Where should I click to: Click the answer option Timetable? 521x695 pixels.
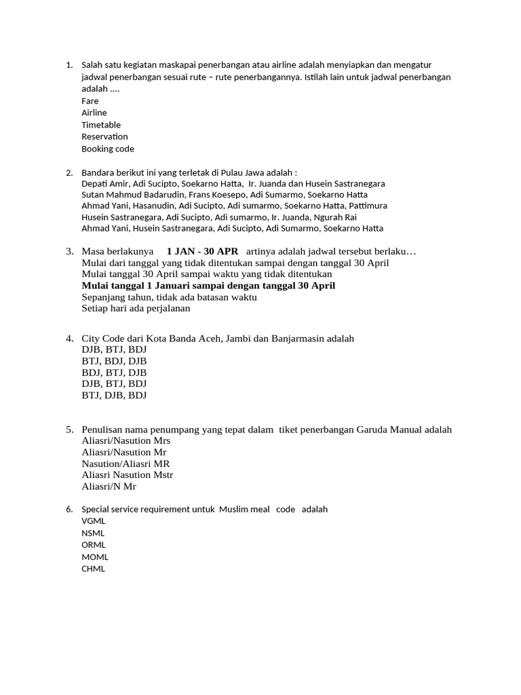coord(101,125)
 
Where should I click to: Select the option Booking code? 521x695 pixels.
coord(108,149)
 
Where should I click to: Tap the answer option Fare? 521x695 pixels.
coord(90,101)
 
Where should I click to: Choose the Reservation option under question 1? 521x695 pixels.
coord(104,136)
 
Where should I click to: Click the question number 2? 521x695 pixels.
coord(69,172)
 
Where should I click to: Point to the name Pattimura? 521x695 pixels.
coord(368,206)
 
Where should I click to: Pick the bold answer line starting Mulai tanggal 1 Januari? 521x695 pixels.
coord(208,286)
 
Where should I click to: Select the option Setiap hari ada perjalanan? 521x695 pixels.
coord(136,308)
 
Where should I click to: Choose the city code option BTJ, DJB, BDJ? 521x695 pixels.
coord(114,395)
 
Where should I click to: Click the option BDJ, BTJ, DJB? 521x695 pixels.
coord(114,373)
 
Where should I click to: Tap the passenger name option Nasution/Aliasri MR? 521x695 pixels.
coord(126,464)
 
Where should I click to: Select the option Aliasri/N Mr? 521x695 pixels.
coord(109,487)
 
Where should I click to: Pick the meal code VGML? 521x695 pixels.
coord(94,521)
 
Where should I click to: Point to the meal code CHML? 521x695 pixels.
coord(94,569)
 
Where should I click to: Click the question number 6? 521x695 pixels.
coord(69,509)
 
